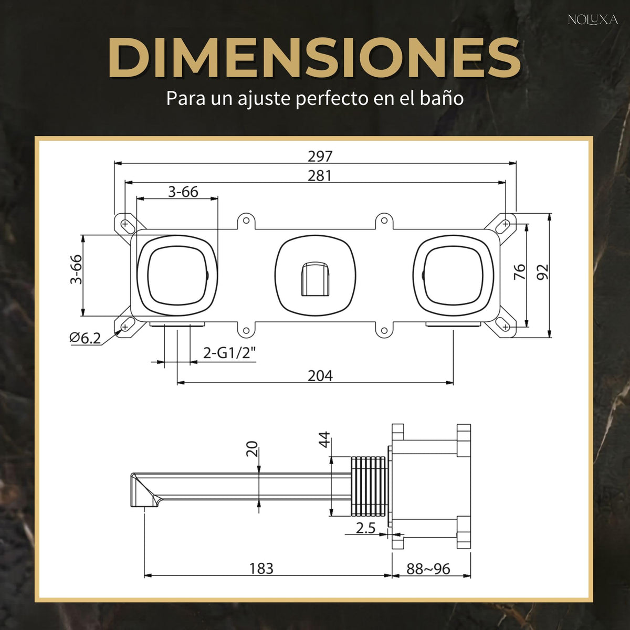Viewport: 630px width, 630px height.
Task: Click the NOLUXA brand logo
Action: (x=593, y=20)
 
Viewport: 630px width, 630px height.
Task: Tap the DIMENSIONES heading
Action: (x=314, y=58)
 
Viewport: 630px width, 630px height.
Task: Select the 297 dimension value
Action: (x=320, y=156)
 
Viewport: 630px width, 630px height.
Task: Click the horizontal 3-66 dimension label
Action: (x=183, y=192)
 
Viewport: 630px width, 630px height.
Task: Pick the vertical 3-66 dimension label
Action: (x=76, y=269)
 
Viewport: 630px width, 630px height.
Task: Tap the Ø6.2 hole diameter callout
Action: (x=85, y=338)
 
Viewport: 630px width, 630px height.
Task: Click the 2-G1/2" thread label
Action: (x=229, y=353)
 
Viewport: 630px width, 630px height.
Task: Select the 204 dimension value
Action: (x=320, y=376)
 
